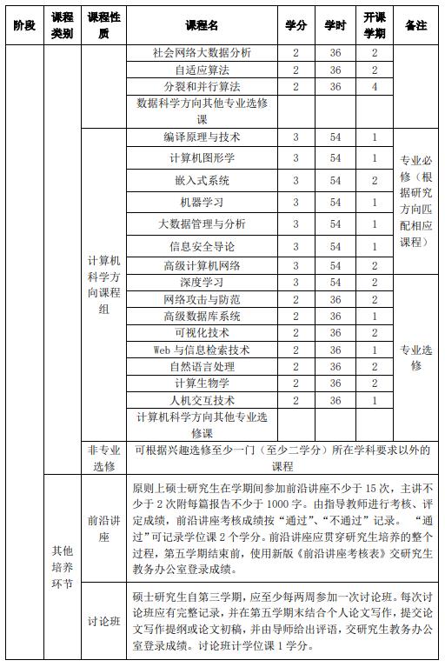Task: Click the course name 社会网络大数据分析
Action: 202,53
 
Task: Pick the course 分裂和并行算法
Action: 202,86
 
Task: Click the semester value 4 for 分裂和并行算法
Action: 375,86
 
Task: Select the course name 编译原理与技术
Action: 202,137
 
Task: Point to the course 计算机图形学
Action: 202,158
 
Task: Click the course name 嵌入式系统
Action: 202,181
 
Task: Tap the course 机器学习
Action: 202,203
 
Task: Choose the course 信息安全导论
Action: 202,247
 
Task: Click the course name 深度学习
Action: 202,283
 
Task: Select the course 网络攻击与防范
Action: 202,299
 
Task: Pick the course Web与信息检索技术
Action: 202,350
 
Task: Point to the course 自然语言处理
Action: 202,366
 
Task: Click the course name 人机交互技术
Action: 202,400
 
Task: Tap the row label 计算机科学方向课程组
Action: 104,284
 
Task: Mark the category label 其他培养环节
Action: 63,566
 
